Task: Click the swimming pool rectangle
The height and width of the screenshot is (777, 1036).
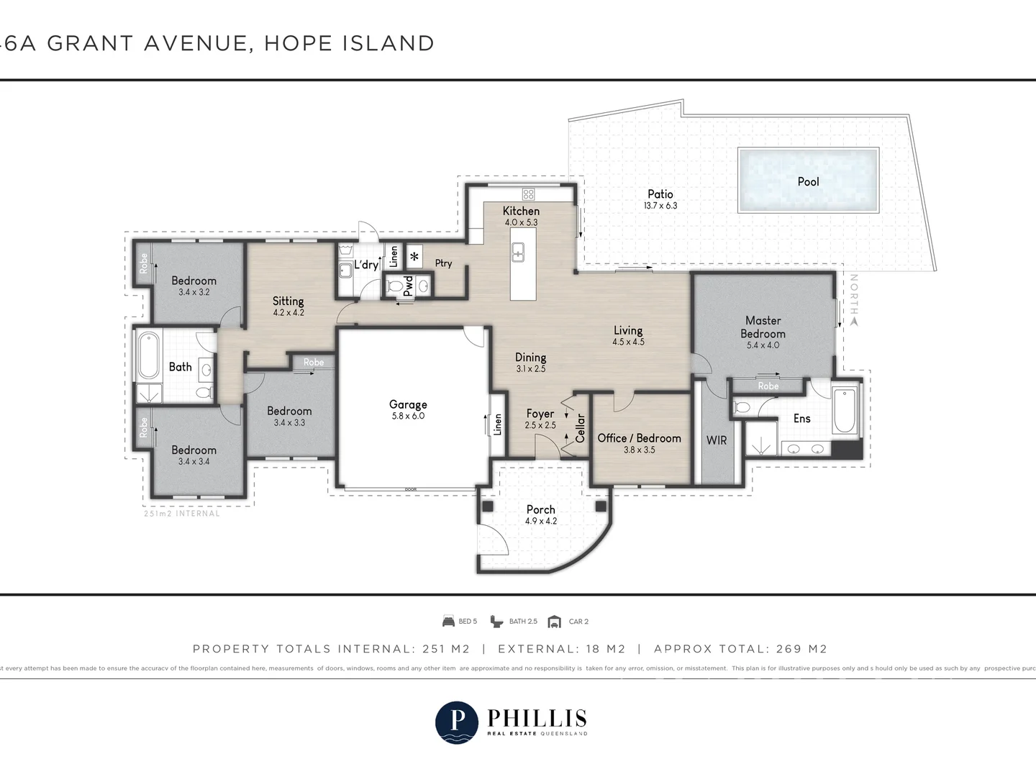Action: pos(808,181)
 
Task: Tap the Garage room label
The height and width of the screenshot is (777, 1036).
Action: pos(408,404)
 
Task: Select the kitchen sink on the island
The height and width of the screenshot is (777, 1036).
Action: pos(517,253)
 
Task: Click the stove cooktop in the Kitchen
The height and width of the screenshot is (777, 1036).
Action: pos(528,194)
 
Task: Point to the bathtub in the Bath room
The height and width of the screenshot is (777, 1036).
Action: pos(149,355)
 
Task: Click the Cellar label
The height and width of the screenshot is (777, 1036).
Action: pos(581,428)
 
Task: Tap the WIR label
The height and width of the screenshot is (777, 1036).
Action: pos(717,440)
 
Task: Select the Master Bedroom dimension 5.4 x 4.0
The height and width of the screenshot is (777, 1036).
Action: pos(763,345)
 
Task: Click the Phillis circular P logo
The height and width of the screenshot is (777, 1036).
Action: pos(456,722)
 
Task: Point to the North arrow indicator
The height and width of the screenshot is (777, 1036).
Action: pos(854,322)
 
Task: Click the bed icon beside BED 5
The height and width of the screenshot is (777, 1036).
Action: pos(448,622)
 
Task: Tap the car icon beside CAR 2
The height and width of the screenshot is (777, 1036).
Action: pos(554,622)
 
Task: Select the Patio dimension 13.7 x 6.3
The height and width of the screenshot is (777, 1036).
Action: pos(660,206)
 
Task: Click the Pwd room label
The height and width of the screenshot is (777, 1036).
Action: pos(408,286)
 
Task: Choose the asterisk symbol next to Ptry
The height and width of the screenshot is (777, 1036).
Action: pos(414,256)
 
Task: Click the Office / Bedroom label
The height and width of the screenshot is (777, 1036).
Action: pos(639,437)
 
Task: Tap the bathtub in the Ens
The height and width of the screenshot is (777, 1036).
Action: pos(845,411)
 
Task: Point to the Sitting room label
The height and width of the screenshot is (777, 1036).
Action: pos(288,301)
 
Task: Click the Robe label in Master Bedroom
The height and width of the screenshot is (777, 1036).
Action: pos(768,386)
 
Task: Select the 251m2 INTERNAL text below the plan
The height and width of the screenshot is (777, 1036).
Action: pos(182,514)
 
